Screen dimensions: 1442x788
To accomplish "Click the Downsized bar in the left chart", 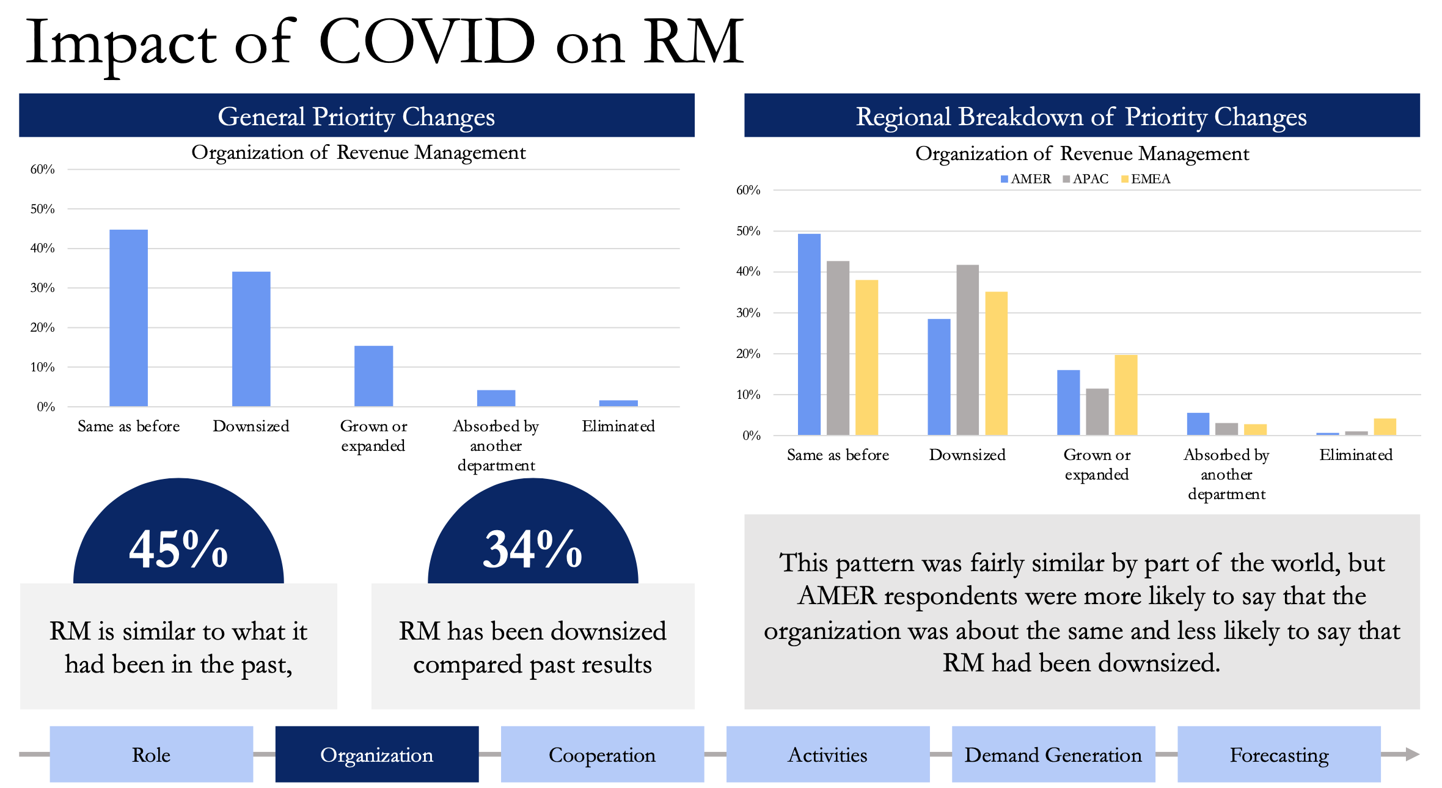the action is coord(251,339).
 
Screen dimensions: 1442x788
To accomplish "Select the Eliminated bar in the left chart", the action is coord(618,403).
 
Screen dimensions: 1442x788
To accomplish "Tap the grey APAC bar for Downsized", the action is coord(968,350).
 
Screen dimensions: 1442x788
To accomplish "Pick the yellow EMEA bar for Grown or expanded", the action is coord(1126,395).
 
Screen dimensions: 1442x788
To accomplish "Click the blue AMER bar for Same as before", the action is coord(810,335).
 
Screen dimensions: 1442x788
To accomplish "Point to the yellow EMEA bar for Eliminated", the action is coord(1385,427).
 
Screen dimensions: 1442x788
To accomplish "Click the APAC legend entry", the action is coord(1086,179).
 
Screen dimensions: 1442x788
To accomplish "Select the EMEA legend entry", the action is coord(1146,179).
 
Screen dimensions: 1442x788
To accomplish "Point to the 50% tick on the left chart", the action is coord(43,209).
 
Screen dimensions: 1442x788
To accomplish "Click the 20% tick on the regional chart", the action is coord(748,354).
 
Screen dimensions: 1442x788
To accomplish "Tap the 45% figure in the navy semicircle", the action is coord(178,549).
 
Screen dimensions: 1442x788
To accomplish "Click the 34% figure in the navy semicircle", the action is coord(533,549).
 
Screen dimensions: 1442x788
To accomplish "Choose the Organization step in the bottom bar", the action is coord(377,754).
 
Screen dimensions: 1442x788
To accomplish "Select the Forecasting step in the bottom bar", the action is coord(1279,754).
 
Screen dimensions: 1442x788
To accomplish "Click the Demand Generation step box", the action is coord(1053,754).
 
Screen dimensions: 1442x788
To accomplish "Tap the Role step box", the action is coord(152,754).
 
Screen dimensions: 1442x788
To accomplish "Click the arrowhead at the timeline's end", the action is coord(1412,754).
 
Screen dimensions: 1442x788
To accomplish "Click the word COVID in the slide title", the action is coord(427,42).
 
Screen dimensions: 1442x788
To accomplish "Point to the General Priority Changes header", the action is coord(357,115).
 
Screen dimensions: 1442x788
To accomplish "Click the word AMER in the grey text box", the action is coord(837,596).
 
